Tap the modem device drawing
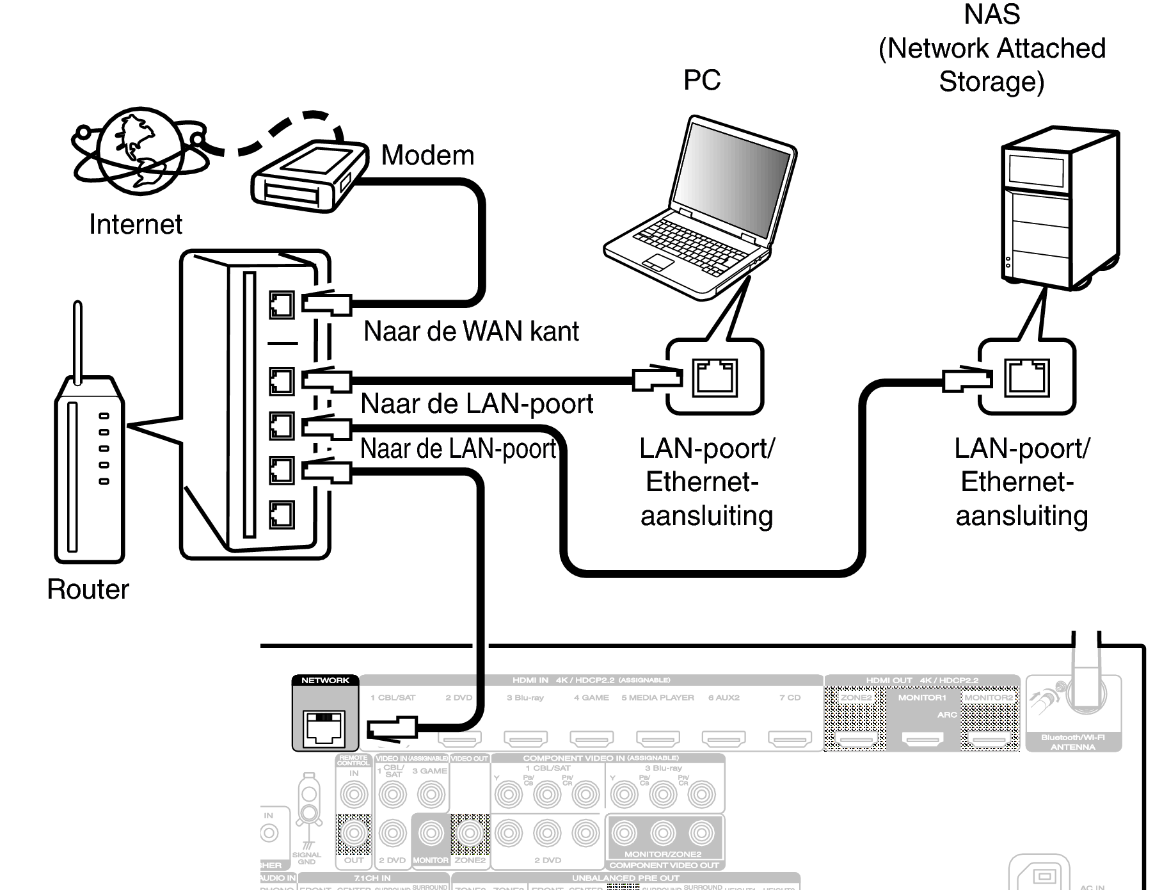pos(309,175)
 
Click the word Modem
pos(427,156)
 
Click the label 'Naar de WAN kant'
pos(471,332)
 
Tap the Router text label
pos(88,589)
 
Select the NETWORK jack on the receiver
pos(324,728)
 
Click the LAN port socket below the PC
pos(715,377)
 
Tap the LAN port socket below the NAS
pos(1027,377)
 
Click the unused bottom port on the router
pos(282,514)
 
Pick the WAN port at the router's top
pos(282,305)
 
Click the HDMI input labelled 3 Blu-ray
pos(526,738)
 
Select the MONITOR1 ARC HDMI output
pos(922,739)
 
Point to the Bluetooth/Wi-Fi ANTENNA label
pos(1072,742)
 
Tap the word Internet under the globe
pos(136,225)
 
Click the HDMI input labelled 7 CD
pos(790,738)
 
